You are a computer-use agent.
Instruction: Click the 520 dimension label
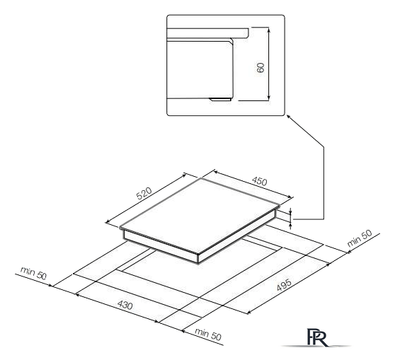click(144, 193)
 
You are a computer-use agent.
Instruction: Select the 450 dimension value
click(259, 181)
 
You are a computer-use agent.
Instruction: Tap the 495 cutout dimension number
click(284, 284)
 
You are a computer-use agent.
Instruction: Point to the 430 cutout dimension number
click(125, 305)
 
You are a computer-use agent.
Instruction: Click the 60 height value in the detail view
click(261, 67)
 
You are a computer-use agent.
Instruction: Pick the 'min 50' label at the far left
click(33, 273)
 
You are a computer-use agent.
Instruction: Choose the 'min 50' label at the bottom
click(208, 334)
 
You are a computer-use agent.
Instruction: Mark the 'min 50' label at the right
click(359, 238)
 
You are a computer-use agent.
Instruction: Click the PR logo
click(318, 337)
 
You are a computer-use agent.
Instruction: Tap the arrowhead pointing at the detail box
click(288, 117)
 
